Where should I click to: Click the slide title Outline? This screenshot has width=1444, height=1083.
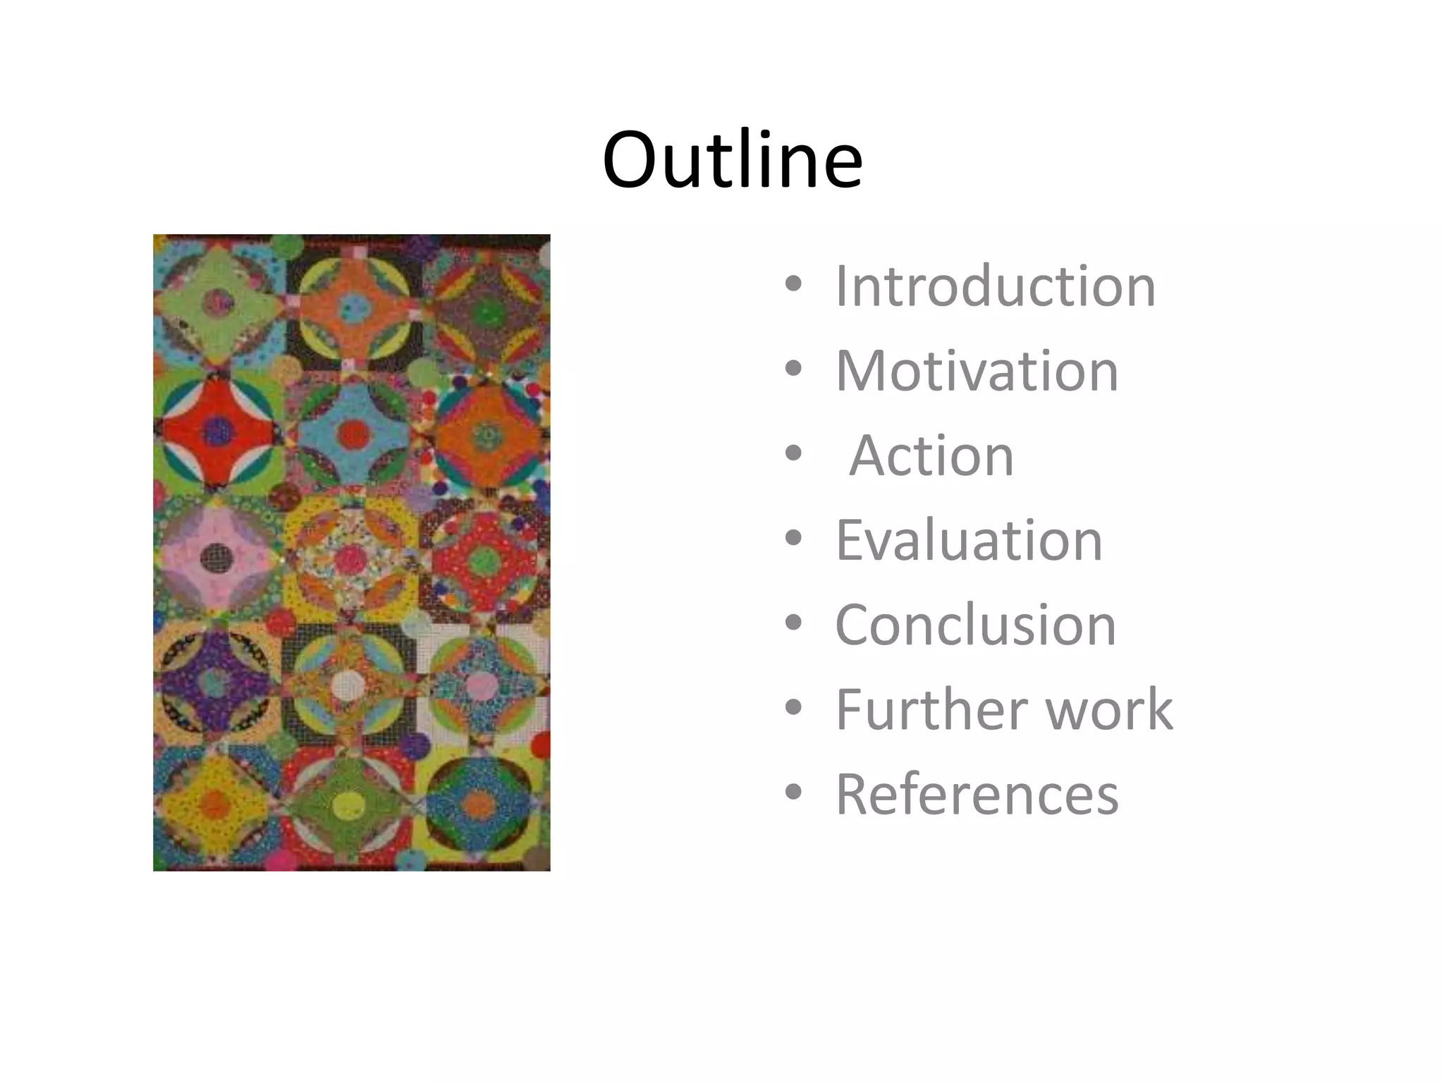tap(732, 160)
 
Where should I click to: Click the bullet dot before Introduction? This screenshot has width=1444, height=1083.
tap(793, 284)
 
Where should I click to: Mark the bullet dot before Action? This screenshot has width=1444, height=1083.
tap(793, 453)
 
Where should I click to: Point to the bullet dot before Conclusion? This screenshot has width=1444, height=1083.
tap(793, 623)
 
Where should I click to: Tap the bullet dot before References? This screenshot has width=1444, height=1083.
tap(793, 792)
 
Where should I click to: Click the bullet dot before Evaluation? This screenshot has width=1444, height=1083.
tap(793, 538)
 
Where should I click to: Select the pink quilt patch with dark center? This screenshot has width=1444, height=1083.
tap(215, 557)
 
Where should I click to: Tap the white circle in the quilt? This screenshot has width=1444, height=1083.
tap(348, 683)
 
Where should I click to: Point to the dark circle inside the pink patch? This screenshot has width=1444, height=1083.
tap(215, 558)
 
